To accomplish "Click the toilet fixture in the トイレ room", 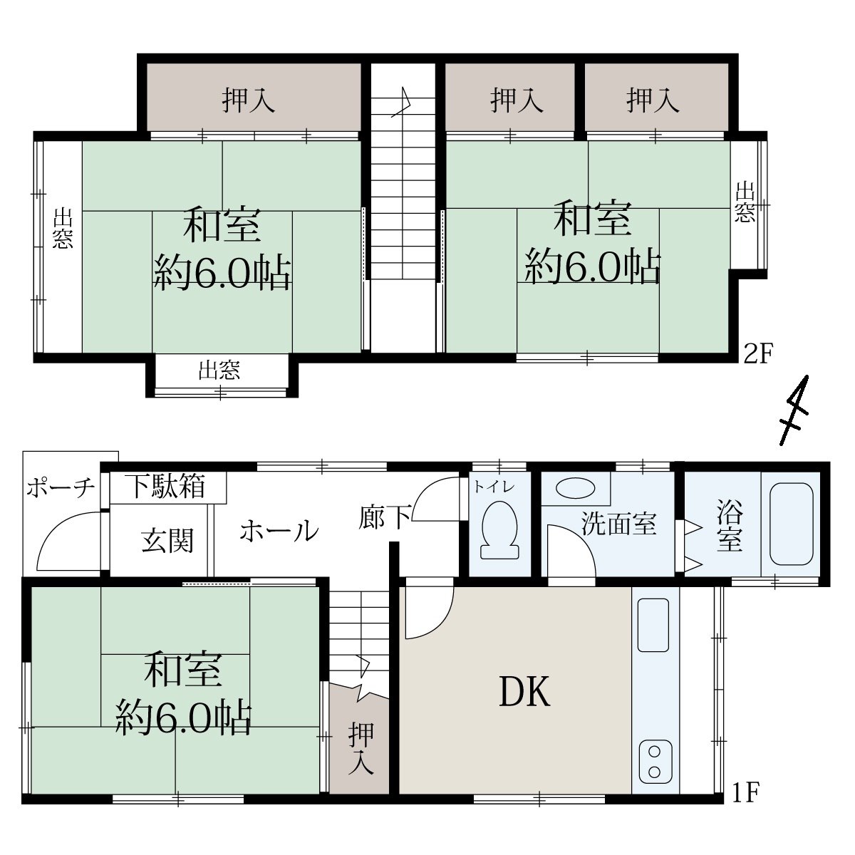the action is [499, 529].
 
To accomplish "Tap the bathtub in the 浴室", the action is [791, 524].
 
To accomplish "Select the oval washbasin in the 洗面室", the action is [575, 489].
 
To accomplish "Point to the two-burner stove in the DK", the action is [655, 762].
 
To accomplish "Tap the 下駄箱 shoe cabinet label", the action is [167, 487].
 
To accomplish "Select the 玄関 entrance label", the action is [167, 540].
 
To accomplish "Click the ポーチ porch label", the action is [61, 487].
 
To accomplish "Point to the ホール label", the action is [279, 531].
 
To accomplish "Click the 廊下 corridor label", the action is [385, 517].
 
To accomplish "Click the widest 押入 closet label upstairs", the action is [249, 100].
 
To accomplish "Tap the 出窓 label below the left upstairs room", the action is [219, 370].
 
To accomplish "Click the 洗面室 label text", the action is [618, 524].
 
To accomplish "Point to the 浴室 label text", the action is [729, 524].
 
